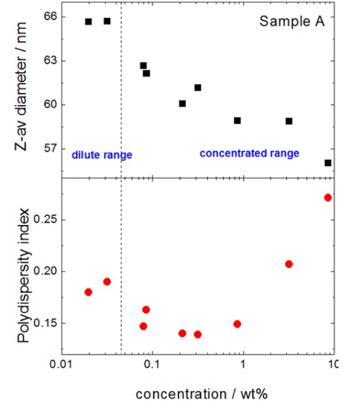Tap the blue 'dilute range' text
pyautogui.click(x=102, y=155)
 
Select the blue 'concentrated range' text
pyautogui.click(x=249, y=154)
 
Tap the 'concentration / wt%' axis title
pyautogui.click(x=202, y=394)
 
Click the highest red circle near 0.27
pyautogui.click(x=328, y=197)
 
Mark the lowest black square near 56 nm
pyautogui.click(x=328, y=163)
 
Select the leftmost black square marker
pyautogui.click(x=89, y=22)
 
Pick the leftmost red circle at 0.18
pyautogui.click(x=89, y=292)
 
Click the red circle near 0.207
pyautogui.click(x=289, y=264)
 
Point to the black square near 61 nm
pyautogui.click(x=198, y=88)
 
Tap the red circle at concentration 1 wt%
pyautogui.click(x=237, y=324)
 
